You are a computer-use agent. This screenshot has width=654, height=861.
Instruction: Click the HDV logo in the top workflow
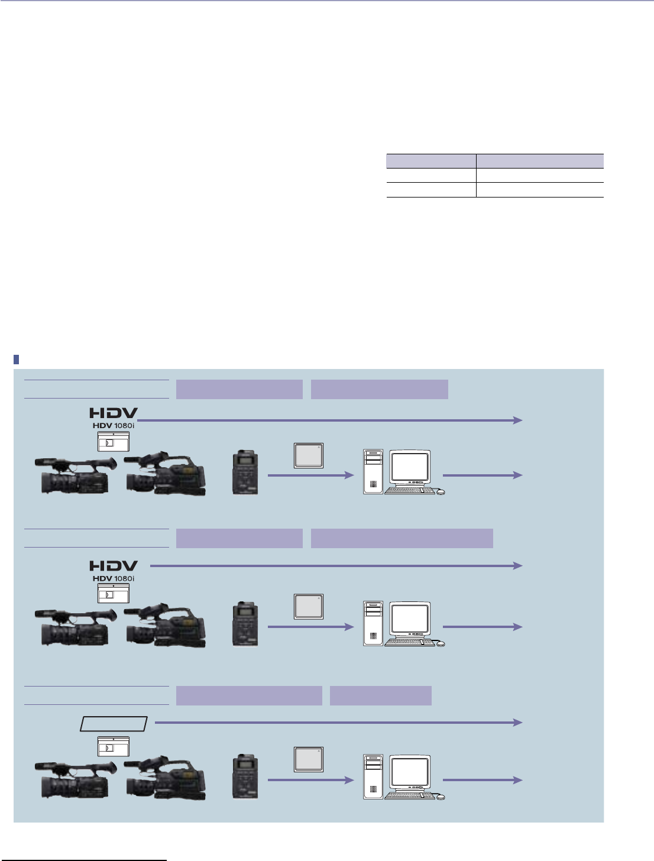114,413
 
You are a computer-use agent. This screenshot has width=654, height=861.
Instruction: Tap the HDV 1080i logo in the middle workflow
114,578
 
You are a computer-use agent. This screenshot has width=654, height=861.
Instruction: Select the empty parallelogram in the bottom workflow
114,723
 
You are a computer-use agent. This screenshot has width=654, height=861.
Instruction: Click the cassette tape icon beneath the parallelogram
113,747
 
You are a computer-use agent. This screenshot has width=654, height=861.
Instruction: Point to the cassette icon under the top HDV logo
113,442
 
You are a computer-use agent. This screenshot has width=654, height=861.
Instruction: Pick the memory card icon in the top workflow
309,455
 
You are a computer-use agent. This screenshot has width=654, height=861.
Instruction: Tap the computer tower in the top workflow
373,472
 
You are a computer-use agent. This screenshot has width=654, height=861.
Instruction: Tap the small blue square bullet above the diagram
17,359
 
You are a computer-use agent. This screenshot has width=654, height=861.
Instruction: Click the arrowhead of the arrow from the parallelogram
519,723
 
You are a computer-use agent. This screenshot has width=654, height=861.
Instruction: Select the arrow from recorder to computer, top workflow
310,475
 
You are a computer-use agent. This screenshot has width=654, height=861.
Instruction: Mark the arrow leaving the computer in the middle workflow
482,627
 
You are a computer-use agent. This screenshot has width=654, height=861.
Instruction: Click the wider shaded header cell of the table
540,161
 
